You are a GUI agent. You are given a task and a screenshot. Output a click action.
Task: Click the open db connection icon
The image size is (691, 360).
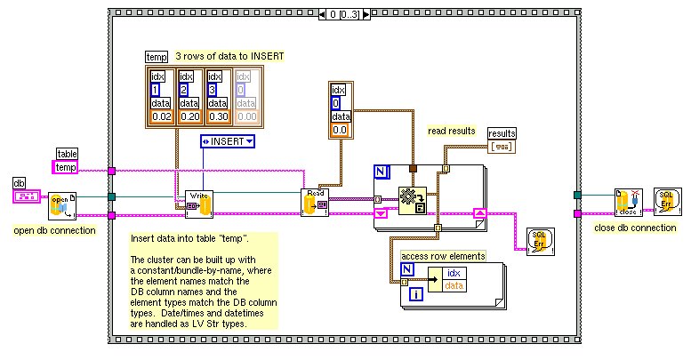[x=60, y=205]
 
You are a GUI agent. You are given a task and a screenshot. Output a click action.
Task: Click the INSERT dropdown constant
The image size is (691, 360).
[x=227, y=140]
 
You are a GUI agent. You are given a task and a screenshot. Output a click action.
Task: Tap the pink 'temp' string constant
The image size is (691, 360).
[x=67, y=167]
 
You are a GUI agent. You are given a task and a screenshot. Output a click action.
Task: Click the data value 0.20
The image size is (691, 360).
[x=190, y=116]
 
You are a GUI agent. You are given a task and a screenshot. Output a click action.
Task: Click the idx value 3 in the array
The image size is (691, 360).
[x=213, y=90]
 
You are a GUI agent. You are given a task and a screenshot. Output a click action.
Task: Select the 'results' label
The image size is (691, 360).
[x=502, y=132]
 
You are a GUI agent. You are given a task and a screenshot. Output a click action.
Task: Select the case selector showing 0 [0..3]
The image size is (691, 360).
[x=346, y=15]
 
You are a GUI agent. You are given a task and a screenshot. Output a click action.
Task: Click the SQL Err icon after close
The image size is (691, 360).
[x=669, y=201]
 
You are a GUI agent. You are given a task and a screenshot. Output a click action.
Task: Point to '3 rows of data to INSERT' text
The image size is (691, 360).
[x=229, y=56]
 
